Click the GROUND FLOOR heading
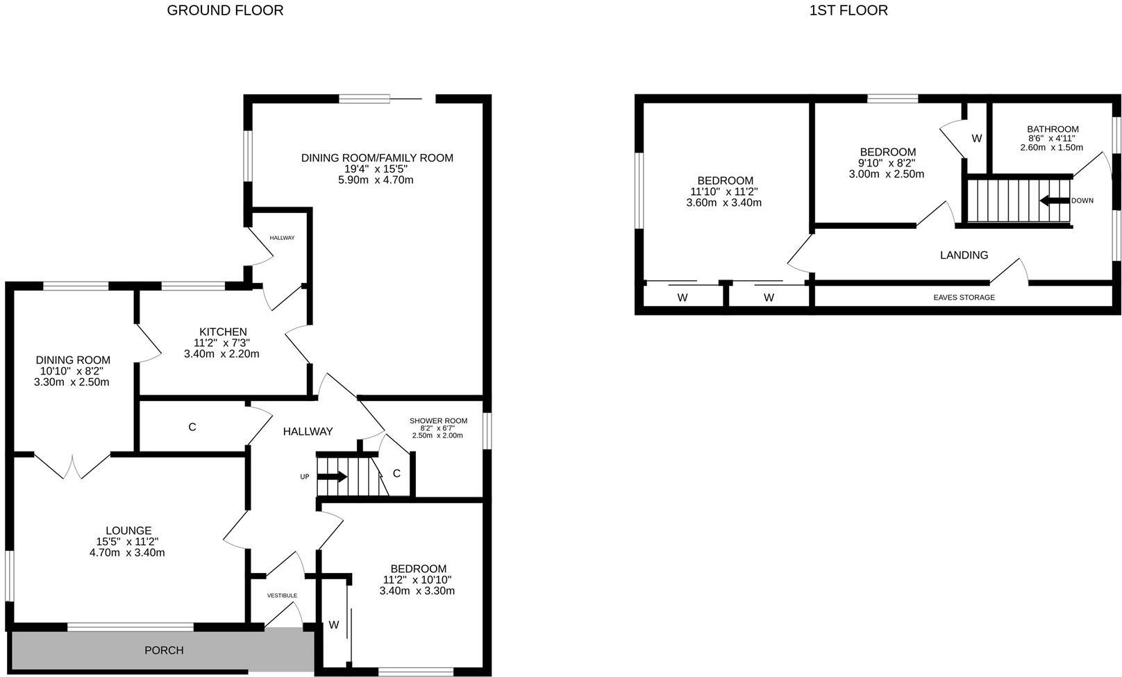225,10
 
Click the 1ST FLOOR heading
848,10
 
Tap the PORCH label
164,650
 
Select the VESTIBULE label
282,595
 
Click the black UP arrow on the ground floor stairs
332,477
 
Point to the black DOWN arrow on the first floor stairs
1055,200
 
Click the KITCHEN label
223,332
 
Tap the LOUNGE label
128,531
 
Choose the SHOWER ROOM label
438,421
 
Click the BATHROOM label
1053,129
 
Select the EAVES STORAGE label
964,297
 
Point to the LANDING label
964,255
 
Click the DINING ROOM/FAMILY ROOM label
377,158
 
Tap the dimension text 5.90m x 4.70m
376,180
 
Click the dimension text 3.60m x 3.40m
723,203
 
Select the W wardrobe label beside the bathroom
976,139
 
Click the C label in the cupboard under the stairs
396,473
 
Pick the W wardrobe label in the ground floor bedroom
333,624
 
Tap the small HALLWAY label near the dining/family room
282,238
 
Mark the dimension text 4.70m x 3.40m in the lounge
127,552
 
